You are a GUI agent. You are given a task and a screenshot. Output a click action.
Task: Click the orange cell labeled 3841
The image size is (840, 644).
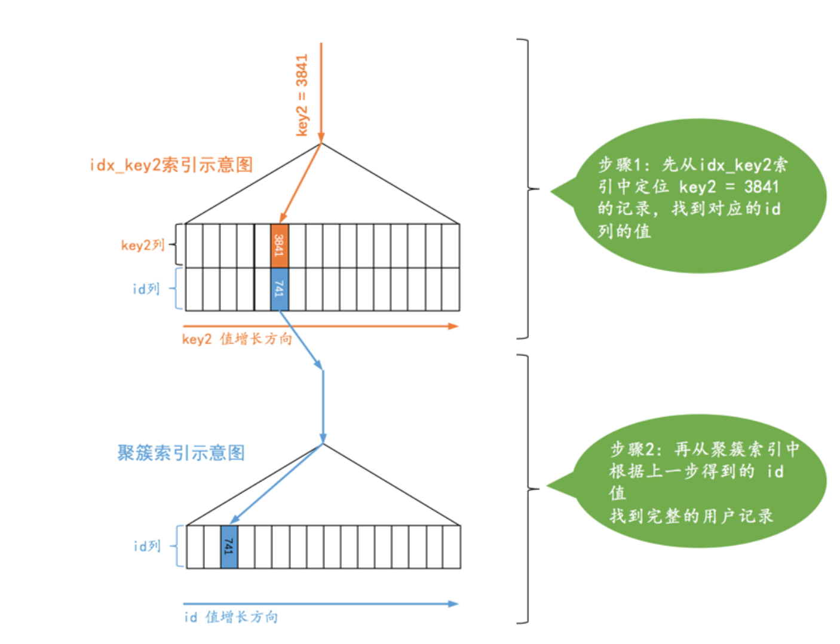(x=279, y=246)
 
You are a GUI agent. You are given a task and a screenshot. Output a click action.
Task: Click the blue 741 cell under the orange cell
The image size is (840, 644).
(x=279, y=289)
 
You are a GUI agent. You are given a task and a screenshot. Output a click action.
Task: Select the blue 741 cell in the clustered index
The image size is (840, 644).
(x=229, y=547)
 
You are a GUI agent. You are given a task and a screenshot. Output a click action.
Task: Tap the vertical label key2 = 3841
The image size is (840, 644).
(x=302, y=96)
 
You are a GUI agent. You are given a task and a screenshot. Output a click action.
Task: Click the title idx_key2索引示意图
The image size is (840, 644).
(x=171, y=165)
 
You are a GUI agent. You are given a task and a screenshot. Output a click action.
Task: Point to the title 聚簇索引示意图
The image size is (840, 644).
(x=181, y=453)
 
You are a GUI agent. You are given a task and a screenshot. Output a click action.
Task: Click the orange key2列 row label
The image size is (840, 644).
(x=142, y=245)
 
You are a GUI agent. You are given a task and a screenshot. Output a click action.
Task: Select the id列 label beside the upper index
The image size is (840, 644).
(x=146, y=289)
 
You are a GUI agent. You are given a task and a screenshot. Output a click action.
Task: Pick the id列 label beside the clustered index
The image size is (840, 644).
(x=147, y=546)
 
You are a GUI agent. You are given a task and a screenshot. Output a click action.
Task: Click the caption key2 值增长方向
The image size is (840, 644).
(x=237, y=339)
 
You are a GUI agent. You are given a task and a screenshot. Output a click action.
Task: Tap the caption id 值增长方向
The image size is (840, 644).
(x=231, y=617)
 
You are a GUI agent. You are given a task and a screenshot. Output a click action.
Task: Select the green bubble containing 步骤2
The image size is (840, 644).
(x=693, y=481)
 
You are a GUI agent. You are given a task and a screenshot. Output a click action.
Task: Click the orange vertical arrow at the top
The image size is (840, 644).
(x=321, y=90)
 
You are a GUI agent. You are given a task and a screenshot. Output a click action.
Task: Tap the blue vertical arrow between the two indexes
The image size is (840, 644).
(x=323, y=406)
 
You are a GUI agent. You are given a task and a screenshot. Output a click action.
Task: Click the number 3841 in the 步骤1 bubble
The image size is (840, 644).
(x=761, y=187)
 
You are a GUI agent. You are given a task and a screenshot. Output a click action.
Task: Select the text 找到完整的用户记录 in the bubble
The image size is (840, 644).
(x=691, y=516)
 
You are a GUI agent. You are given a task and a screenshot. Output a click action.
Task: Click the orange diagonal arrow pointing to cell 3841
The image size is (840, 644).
(x=301, y=182)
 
